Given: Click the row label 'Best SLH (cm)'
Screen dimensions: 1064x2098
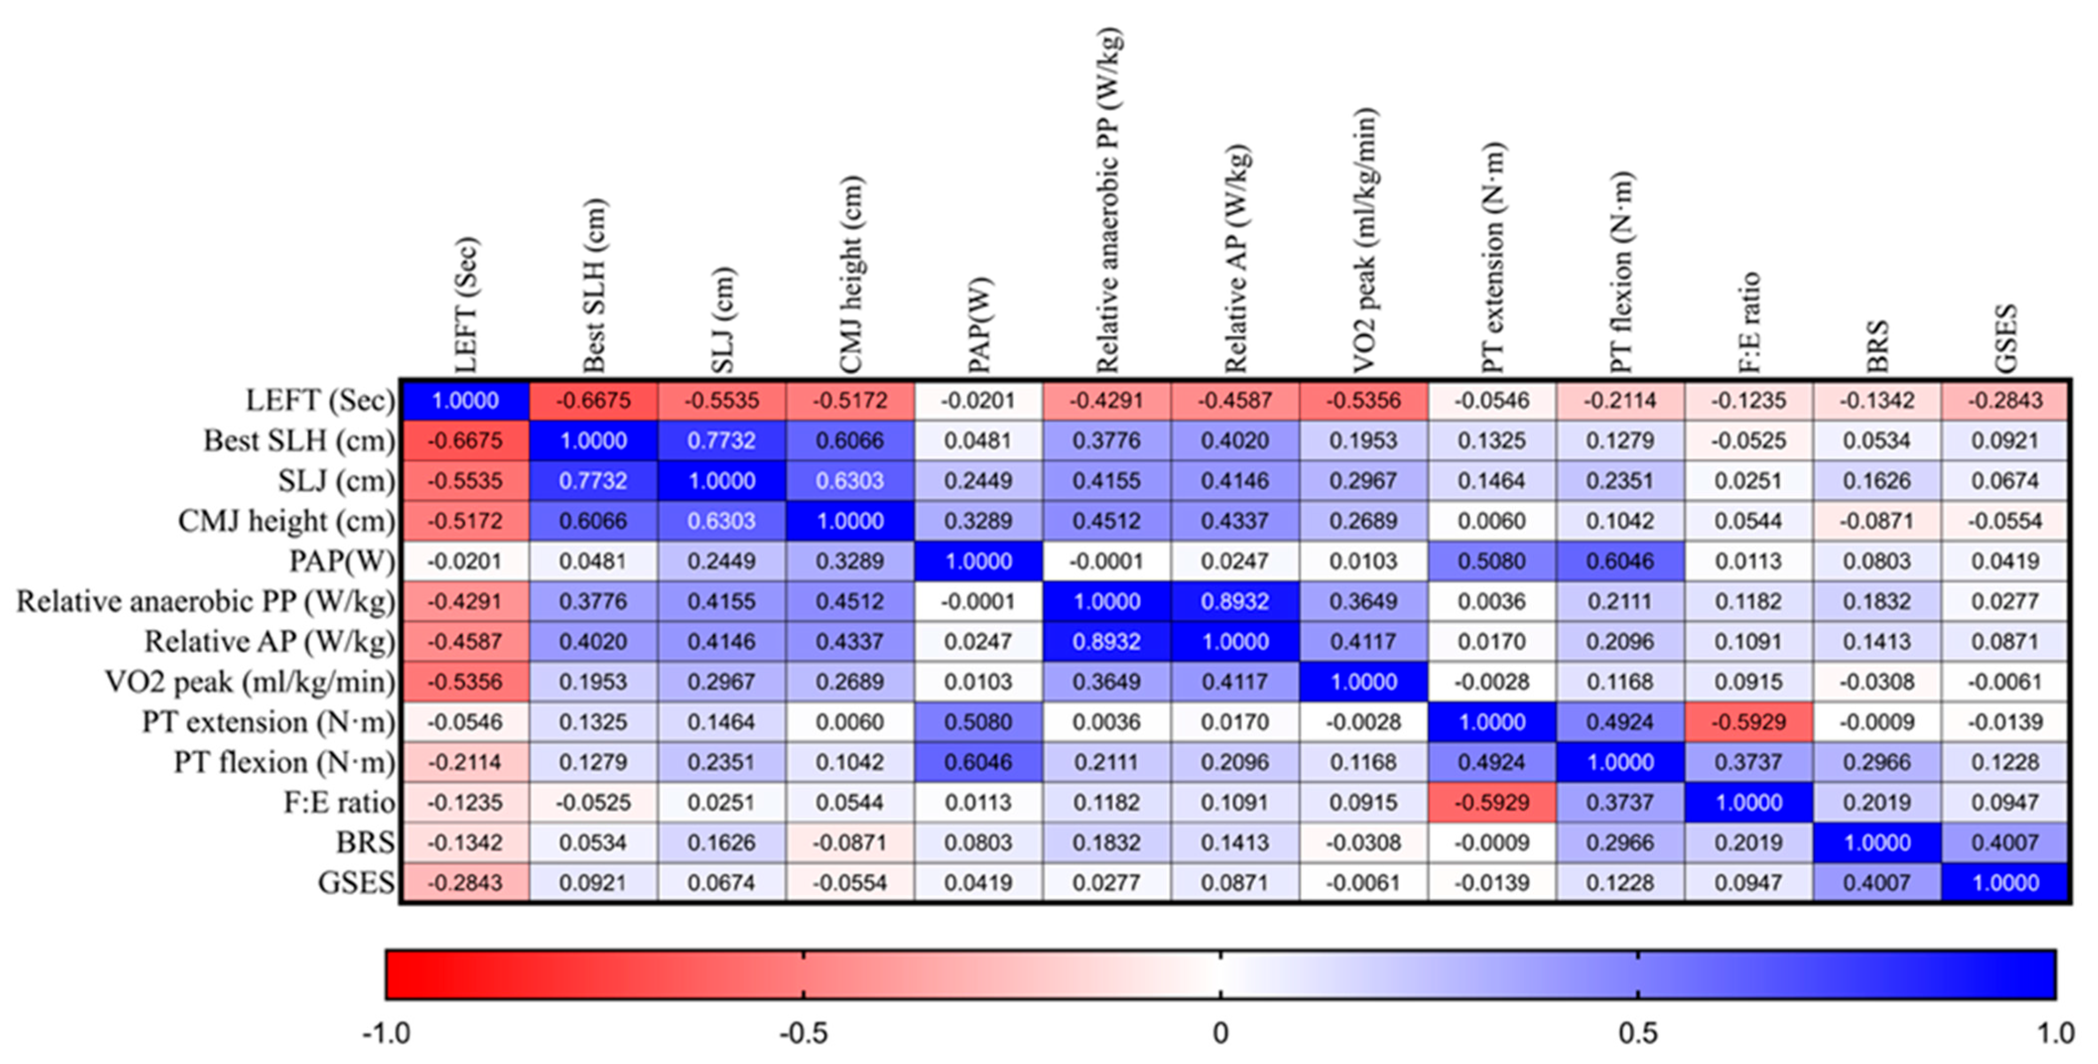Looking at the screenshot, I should [x=298, y=441].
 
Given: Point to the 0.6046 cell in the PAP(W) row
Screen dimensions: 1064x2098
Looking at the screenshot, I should [x=1619, y=561].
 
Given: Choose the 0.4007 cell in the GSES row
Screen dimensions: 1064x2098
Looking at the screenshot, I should [x=1876, y=882].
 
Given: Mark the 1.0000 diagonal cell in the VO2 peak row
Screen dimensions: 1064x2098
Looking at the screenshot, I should [x=1363, y=682].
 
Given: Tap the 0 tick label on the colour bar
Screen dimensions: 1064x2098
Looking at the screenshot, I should [x=1219, y=1034].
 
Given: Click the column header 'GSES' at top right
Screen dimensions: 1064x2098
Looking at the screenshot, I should [x=2005, y=337].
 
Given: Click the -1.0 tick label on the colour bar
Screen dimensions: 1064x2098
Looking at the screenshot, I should [x=385, y=1034].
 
